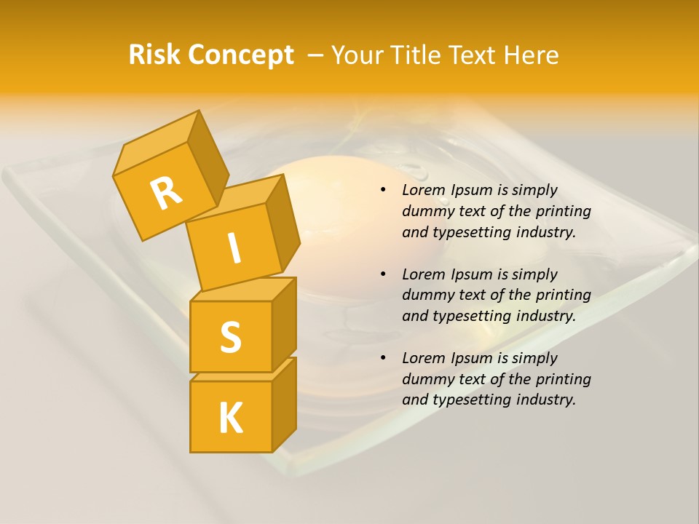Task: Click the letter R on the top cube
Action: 166,194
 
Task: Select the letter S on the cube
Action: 230,337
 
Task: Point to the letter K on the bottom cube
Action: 230,418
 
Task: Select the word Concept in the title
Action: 240,56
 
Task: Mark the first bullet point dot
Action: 383,191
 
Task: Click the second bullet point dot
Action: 383,275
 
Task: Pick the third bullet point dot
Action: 383,359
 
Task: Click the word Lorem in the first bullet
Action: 422,190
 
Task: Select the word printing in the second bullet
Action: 561,295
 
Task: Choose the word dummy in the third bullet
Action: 424,379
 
